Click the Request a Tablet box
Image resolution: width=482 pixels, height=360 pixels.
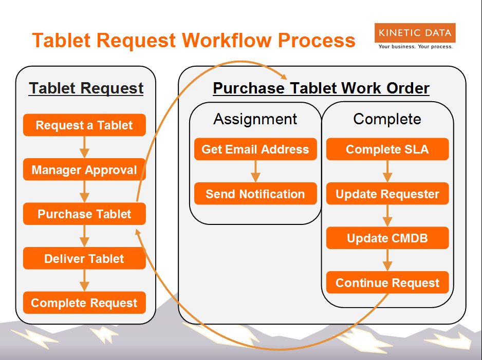[84, 125]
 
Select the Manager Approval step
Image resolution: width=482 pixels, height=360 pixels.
[84, 169]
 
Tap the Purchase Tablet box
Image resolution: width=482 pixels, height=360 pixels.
[84, 214]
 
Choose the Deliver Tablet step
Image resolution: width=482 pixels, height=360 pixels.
[84, 258]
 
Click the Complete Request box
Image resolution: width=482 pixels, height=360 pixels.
[84, 302]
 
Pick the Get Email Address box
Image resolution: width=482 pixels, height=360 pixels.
[255, 149]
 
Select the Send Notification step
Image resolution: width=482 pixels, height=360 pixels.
[255, 194]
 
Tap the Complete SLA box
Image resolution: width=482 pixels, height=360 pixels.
[387, 149]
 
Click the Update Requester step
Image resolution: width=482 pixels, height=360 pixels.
[387, 194]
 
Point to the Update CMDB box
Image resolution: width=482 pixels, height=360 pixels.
[387, 238]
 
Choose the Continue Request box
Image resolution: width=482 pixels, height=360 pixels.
[387, 282]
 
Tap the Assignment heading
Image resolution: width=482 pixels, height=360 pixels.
[255, 119]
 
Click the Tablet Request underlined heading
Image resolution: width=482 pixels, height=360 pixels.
[86, 88]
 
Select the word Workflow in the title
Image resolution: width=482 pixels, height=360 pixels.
[227, 40]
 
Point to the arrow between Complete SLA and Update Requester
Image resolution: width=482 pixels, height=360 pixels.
[387, 171]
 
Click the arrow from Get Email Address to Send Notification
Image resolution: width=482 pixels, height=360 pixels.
[255, 171]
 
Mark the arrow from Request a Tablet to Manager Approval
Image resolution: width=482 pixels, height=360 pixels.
[84, 147]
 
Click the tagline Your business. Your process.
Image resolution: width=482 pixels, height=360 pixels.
[416, 47]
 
